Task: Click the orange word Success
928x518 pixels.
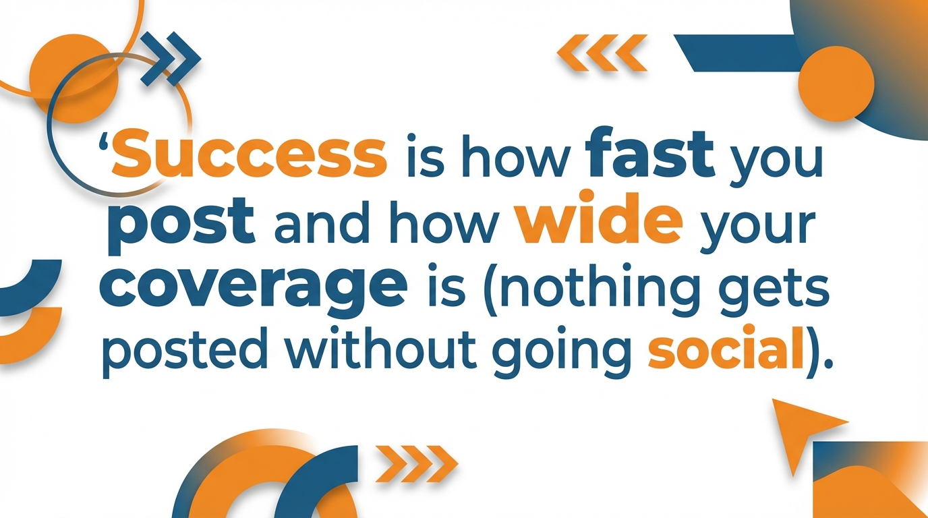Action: (251, 154)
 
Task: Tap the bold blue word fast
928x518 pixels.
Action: (651, 154)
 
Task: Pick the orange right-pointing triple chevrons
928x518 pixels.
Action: (417, 463)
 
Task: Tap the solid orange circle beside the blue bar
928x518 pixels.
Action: (836, 84)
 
